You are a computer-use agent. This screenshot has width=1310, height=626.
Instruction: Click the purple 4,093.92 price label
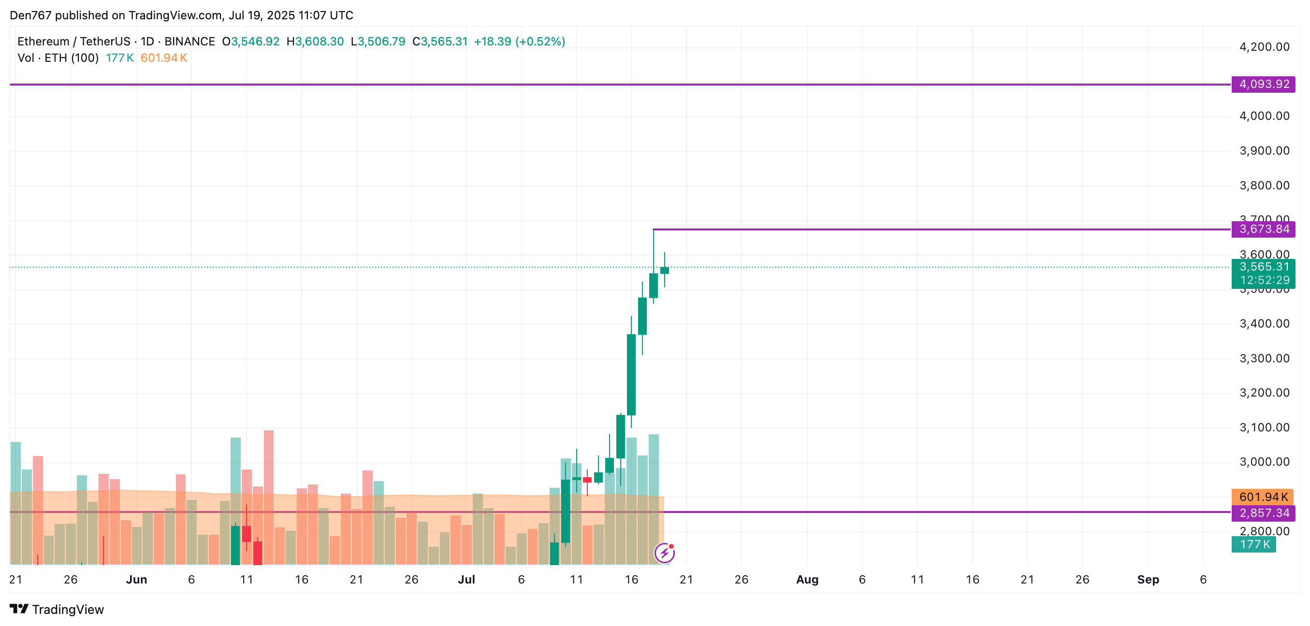[1263, 85]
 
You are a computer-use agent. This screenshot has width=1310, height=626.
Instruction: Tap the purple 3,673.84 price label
[1263, 229]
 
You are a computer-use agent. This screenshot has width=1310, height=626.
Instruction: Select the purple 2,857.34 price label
[1263, 513]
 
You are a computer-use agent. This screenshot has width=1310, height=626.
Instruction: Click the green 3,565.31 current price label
[1263, 267]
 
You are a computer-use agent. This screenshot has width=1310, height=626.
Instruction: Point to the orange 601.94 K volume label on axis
[1262, 497]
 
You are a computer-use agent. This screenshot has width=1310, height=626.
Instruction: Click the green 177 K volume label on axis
[1253, 544]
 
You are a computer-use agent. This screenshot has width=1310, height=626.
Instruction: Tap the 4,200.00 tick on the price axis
[1264, 47]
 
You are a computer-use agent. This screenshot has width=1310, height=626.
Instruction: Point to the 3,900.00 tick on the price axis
[1264, 151]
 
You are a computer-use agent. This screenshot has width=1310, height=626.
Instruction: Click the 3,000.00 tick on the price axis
[1264, 462]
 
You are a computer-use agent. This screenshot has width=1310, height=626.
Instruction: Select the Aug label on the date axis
[807, 580]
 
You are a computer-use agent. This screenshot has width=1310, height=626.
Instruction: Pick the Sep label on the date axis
[1148, 580]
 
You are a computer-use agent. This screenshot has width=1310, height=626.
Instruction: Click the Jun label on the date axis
[136, 580]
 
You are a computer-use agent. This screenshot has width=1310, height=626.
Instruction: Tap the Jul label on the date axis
[466, 580]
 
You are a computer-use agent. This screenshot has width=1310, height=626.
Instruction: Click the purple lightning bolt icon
[664, 553]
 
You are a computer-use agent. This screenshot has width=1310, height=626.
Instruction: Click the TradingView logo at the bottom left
[57, 609]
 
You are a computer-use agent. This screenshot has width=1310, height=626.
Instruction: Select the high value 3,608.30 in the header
[320, 42]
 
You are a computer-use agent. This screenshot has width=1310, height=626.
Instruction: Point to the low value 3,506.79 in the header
[381, 42]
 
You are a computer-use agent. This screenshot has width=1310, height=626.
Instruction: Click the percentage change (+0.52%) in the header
[540, 42]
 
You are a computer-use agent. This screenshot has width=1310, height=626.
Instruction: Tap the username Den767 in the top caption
[30, 15]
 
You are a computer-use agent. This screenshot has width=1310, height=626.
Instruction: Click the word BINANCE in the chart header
[189, 42]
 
